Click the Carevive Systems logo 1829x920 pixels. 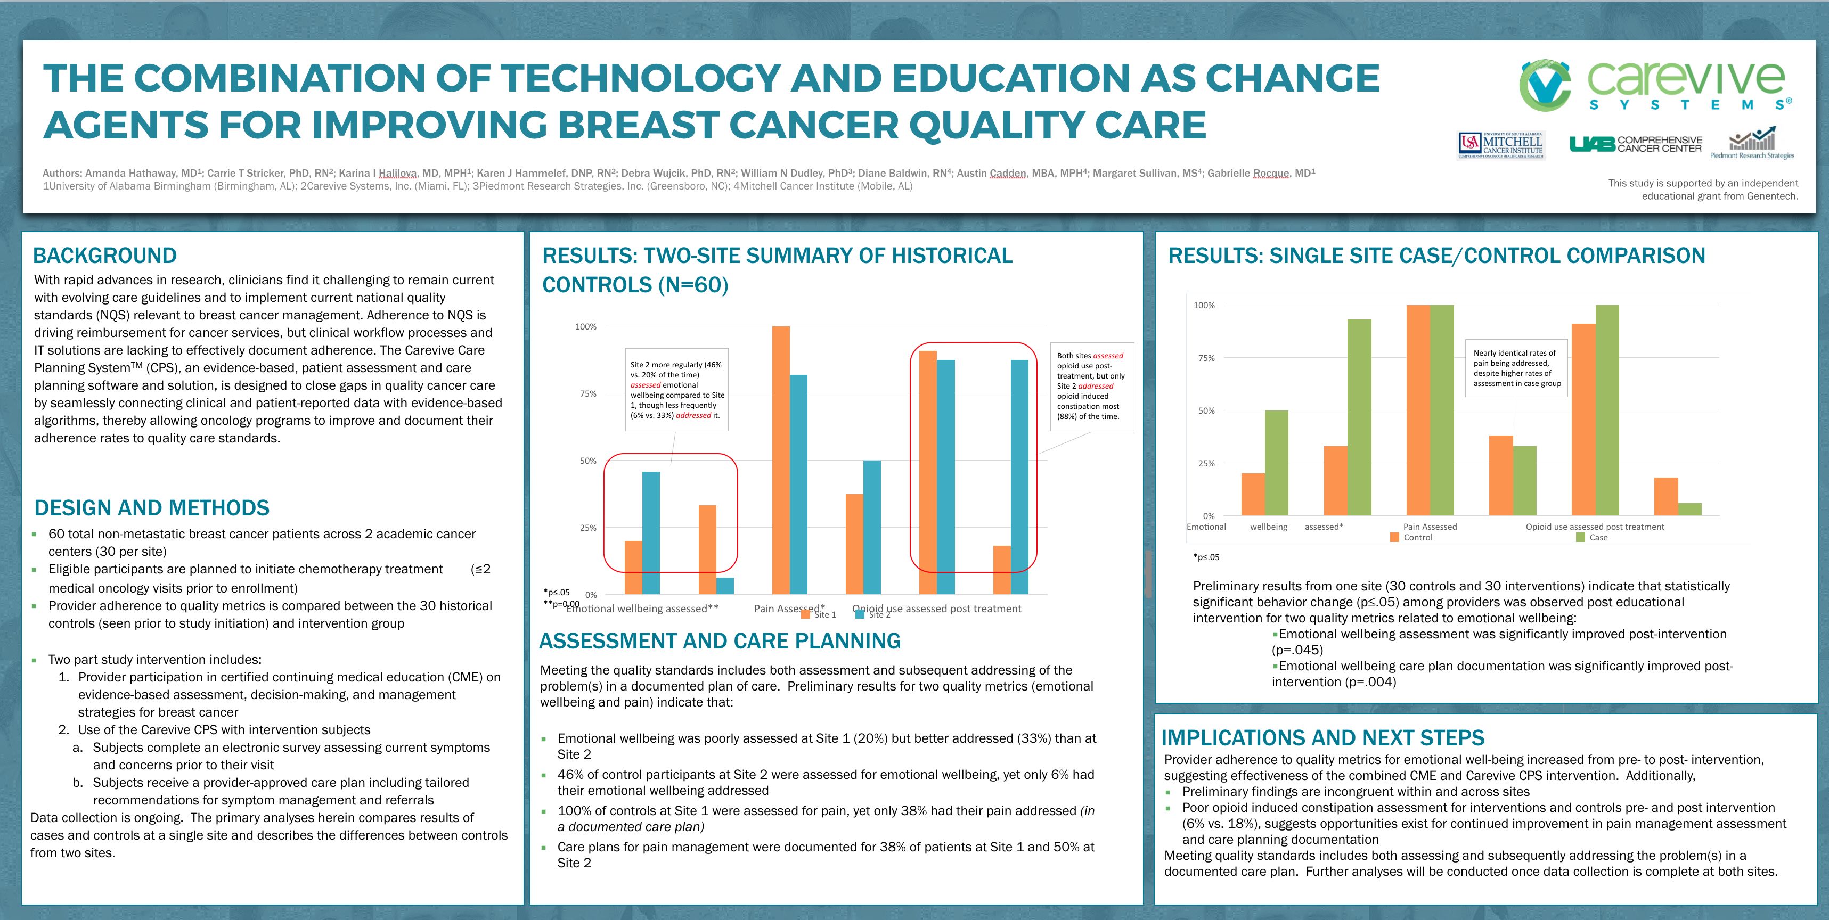[1654, 85]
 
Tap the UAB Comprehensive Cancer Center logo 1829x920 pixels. [1635, 144]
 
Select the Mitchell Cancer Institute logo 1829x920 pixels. [1501, 145]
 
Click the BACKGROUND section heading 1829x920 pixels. [105, 256]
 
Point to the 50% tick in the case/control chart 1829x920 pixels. [1206, 411]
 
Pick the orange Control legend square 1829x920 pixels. [1394, 537]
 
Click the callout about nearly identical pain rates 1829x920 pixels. [1516, 368]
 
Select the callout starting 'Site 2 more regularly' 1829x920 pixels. [676, 390]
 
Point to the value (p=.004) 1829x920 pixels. [1368, 682]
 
